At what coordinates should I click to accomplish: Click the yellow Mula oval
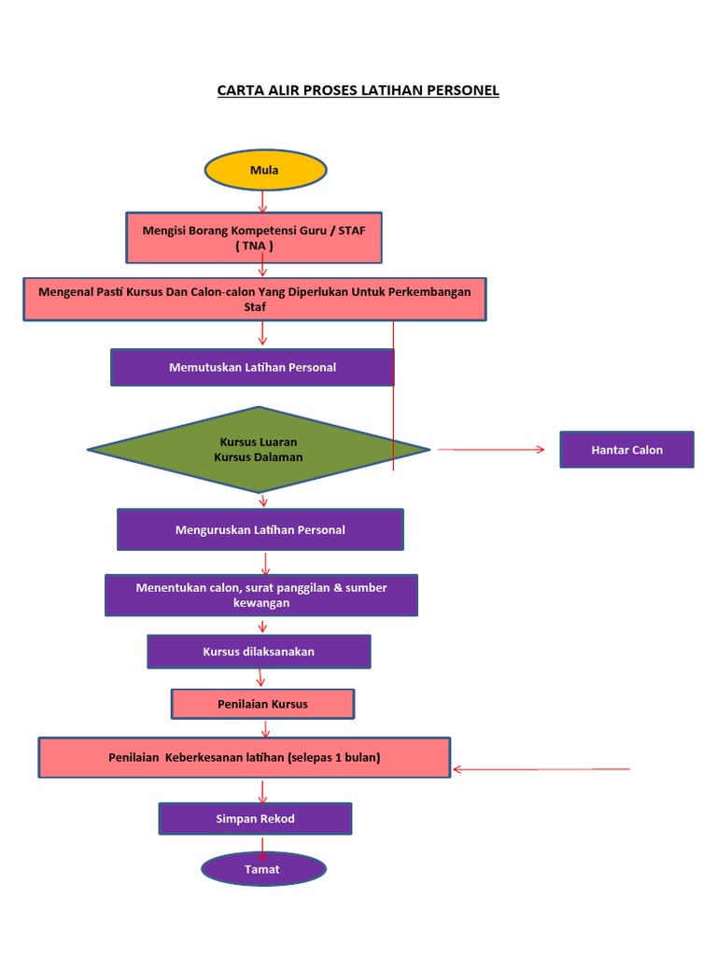click(x=265, y=170)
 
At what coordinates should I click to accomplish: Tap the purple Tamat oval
click(x=263, y=869)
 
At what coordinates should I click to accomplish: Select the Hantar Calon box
click(x=626, y=450)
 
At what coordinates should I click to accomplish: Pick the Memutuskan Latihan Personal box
click(x=252, y=367)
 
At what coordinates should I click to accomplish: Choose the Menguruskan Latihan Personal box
click(x=260, y=529)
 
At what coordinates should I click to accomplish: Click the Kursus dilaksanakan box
click(x=259, y=652)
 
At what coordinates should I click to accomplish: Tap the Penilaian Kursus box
click(x=262, y=704)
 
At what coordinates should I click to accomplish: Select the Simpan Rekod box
click(x=255, y=819)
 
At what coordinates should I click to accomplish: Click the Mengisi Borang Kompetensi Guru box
click(x=254, y=237)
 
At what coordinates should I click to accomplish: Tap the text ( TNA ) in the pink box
click(x=255, y=246)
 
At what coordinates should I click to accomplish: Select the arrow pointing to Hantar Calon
click(x=491, y=450)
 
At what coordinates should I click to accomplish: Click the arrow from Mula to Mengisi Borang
click(x=263, y=201)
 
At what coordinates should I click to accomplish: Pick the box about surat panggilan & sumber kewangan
click(x=261, y=595)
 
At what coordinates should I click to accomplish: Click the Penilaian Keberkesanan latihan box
click(x=244, y=757)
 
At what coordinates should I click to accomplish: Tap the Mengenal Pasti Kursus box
click(x=254, y=299)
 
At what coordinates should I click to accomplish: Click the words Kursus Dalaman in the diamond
click(x=259, y=457)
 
